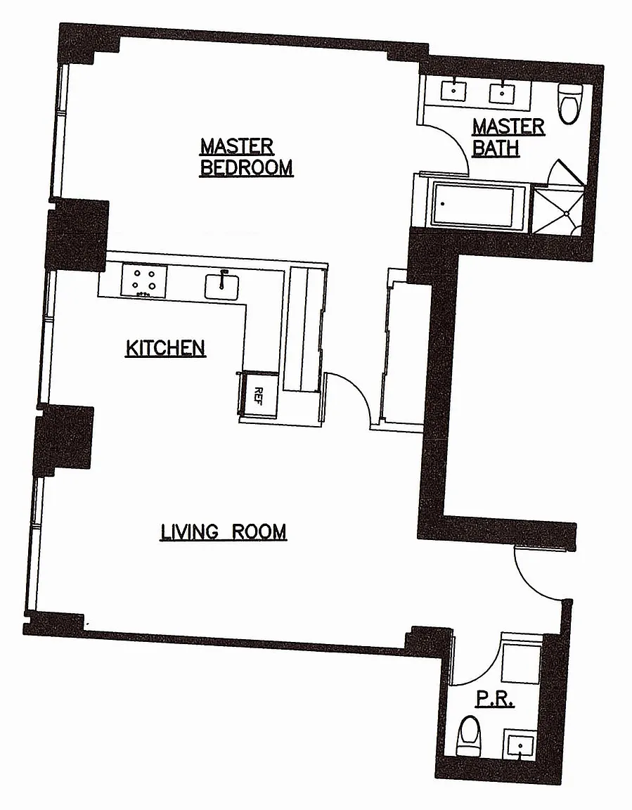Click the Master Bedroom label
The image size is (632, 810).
point(246,157)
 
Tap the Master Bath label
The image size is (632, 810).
point(508,136)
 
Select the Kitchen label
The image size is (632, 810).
point(165,347)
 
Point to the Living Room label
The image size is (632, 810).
point(224,531)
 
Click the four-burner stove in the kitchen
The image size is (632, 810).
point(145,280)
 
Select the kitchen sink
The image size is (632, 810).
point(223,285)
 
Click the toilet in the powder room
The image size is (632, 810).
point(468,738)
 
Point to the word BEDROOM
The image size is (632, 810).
point(246,168)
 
